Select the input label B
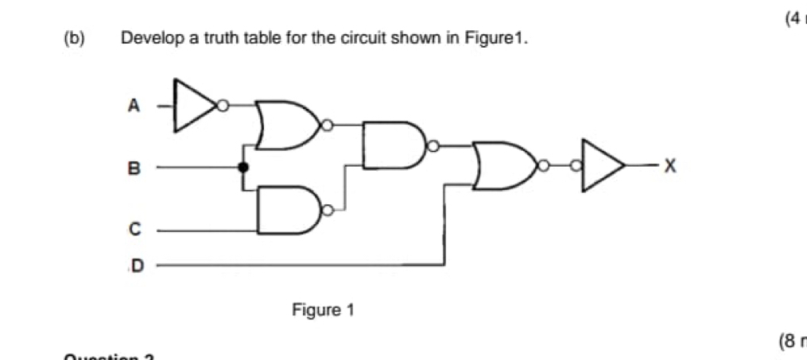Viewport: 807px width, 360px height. [x=134, y=168]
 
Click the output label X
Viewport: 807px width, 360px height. [x=669, y=166]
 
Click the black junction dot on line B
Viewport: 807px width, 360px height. [x=244, y=168]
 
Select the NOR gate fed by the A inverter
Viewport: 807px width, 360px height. [x=285, y=125]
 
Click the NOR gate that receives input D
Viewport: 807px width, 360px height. [x=504, y=166]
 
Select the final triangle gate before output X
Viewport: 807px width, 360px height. [x=602, y=166]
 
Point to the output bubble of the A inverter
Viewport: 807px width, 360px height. [x=223, y=104]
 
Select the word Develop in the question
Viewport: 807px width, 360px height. [x=145, y=38]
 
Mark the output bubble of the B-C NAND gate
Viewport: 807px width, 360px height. [x=325, y=211]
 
